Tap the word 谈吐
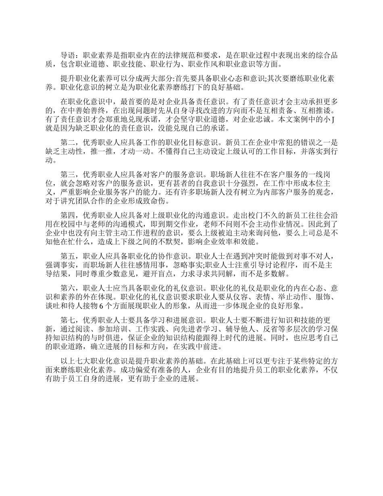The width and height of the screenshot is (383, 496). click(x=53, y=305)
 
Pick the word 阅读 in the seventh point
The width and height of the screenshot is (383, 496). click(x=77, y=328)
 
